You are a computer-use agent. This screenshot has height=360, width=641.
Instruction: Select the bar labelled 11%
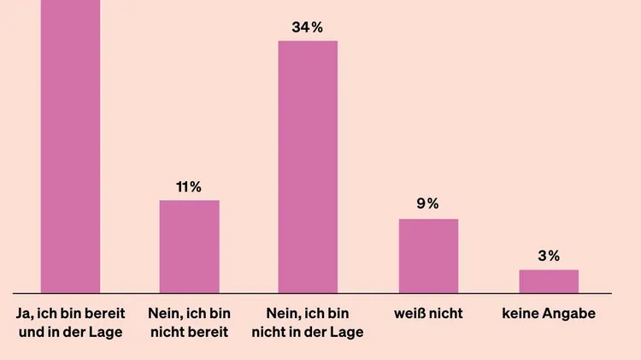point(189,246)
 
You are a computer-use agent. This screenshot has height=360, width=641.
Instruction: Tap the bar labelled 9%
point(428,256)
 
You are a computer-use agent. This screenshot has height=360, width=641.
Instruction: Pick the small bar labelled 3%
point(549,281)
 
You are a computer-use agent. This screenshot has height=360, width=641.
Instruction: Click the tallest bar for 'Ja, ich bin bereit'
point(70,145)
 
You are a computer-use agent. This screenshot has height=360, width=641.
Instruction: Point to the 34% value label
point(308,27)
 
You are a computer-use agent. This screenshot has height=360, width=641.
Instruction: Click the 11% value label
point(189,186)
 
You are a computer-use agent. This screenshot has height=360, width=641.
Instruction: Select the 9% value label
point(428,204)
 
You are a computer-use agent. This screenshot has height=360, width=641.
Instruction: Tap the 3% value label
point(549,256)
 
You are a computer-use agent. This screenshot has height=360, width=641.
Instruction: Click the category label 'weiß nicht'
point(428,314)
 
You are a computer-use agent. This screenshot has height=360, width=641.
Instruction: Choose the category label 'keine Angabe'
point(549,314)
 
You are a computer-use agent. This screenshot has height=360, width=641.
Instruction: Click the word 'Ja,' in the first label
point(26,314)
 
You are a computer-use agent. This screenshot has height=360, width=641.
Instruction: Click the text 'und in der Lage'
point(70,332)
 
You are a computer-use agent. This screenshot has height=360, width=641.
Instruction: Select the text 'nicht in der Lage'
point(308,332)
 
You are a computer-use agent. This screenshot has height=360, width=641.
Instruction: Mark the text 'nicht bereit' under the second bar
point(189,332)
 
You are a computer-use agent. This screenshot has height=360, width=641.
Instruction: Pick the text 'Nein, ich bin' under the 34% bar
point(308,314)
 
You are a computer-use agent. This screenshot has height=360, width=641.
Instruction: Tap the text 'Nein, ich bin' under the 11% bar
point(189,314)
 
